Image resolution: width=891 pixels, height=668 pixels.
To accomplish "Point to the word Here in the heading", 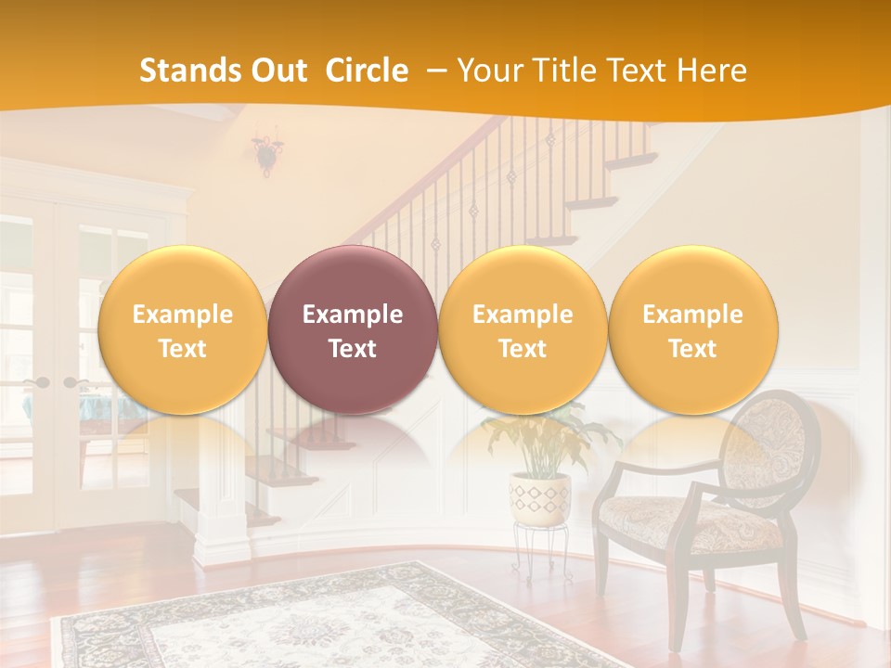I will (x=712, y=71).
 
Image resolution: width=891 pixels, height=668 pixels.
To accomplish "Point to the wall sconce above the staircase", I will (x=267, y=153).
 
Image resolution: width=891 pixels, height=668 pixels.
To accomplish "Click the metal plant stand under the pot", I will (x=541, y=552).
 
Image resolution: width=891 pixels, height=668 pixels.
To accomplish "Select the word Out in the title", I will (x=278, y=71).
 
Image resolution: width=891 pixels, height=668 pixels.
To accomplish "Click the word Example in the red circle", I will (x=353, y=315).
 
